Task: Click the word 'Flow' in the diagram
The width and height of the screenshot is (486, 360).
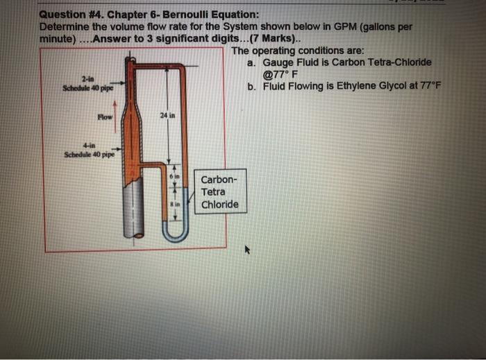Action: [105, 117]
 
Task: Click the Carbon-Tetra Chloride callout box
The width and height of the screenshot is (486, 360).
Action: [219, 192]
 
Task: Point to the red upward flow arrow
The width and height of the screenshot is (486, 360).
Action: [124, 108]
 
